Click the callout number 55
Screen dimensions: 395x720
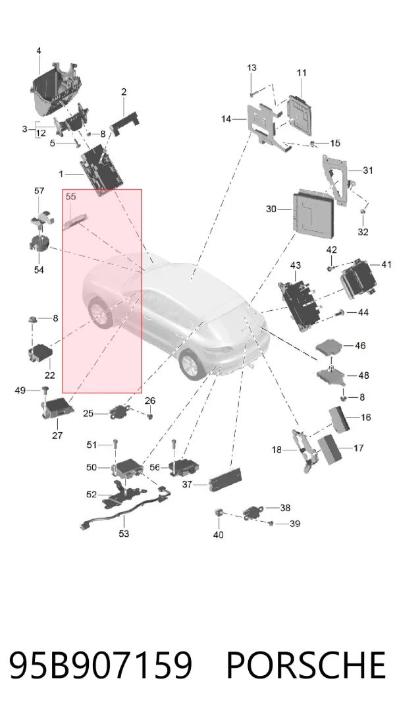pos(70,196)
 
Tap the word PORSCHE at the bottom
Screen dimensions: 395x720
pos(305,665)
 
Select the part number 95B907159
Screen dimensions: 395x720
pos(101,665)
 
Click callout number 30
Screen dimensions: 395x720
pos(271,209)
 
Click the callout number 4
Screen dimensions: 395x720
pos(39,51)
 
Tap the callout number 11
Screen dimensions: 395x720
pos(302,72)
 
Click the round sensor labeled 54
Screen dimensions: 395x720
pos(39,243)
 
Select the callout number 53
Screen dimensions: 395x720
pos(124,534)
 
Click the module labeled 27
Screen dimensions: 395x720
pos(57,407)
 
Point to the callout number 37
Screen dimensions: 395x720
pos(187,484)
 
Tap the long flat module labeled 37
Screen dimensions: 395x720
pos(225,478)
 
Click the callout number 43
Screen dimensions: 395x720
pos(296,265)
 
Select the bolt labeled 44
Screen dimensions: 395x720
pos(340,312)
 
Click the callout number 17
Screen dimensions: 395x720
pos(358,447)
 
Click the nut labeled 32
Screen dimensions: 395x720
pos(363,211)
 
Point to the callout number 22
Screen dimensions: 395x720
pos(49,375)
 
